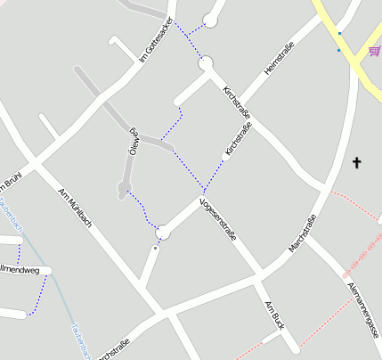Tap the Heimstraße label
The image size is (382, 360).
click(279, 61)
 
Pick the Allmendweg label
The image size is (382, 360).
click(20, 269)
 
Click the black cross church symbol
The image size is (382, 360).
click(357, 162)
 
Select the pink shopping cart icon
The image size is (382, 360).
click(375, 52)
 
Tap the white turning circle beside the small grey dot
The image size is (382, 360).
click(162, 233)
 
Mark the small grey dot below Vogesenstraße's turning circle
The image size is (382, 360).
click(155, 249)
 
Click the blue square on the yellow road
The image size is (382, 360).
click(339, 34)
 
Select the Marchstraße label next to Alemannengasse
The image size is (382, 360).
click(303, 234)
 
